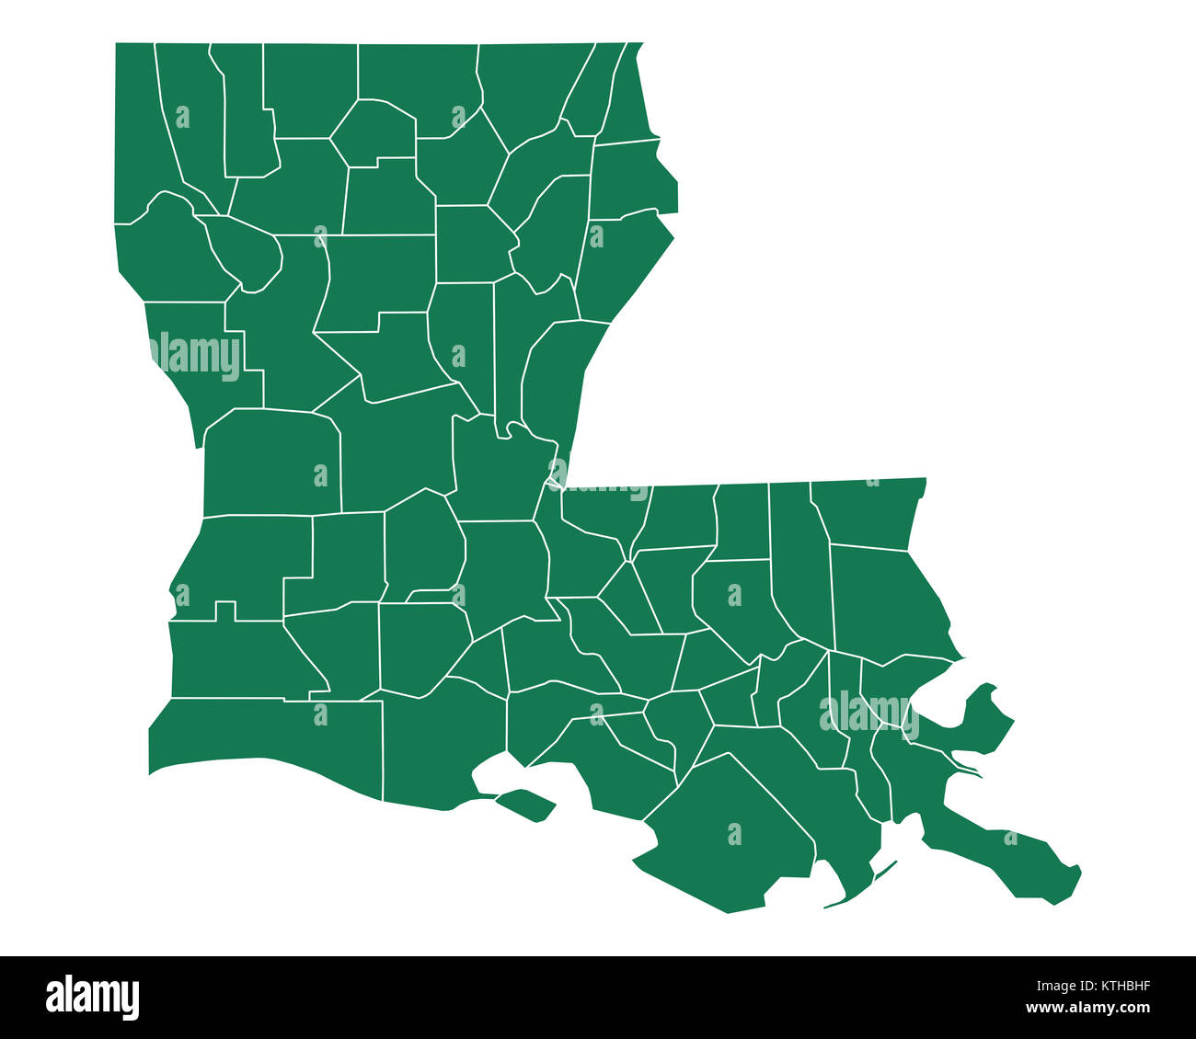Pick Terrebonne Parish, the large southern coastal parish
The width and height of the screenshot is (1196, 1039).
tap(727, 828)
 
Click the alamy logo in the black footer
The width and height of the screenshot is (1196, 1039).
tap(92, 998)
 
